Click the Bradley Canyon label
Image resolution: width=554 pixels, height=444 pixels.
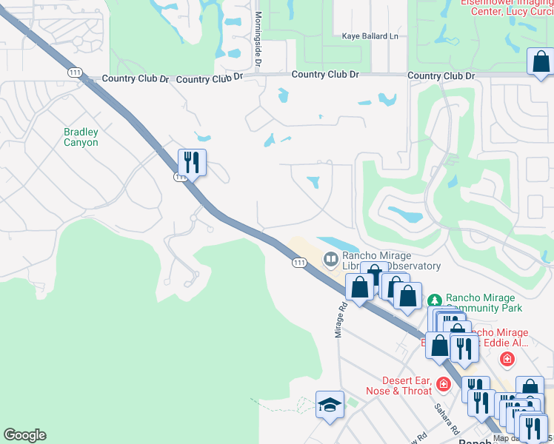(x=81, y=137)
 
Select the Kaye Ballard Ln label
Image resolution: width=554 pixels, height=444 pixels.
(x=370, y=36)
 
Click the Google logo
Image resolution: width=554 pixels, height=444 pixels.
(x=24, y=435)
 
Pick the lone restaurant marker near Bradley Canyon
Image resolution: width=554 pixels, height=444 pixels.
(x=192, y=161)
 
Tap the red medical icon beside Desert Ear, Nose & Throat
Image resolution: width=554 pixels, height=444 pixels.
(x=443, y=384)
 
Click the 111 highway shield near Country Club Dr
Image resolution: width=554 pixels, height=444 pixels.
(x=74, y=72)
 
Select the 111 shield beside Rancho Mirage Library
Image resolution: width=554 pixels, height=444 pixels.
(x=299, y=263)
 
